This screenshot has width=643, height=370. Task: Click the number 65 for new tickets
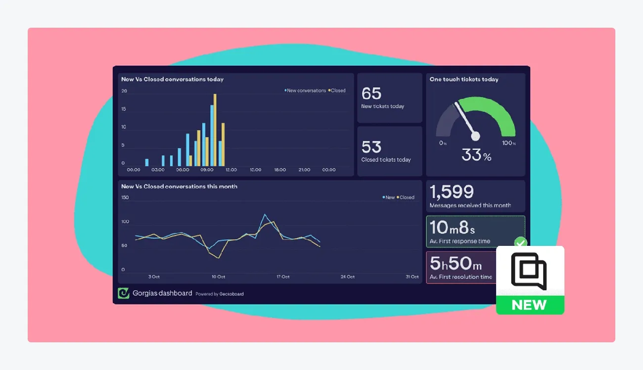coord(371,93)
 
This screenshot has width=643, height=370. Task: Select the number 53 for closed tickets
coord(371,147)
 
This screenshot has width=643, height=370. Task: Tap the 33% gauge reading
coord(476,155)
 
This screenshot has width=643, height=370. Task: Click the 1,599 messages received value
coord(452,192)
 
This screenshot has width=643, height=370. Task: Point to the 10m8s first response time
coord(452,228)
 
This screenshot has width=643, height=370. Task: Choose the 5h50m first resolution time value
coord(456,264)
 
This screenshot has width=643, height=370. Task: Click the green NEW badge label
coord(529,305)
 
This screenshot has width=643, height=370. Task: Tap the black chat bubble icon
coord(529,271)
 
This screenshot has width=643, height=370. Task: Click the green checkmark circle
coord(520,243)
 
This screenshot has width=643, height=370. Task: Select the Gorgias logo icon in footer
coord(123,293)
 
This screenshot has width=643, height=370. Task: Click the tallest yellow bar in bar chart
coord(215,130)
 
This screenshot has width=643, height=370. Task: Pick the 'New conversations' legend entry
coord(305,91)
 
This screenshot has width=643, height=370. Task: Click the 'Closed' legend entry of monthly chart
coord(406,197)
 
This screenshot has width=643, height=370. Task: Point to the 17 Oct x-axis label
coord(283,277)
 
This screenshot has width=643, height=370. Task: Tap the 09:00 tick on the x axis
coord(207,170)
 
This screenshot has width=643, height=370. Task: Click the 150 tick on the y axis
coord(125,197)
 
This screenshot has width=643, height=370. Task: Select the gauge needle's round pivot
coord(475,136)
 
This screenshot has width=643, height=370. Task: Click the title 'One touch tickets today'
coord(464,79)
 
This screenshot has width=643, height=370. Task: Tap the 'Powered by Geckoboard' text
coord(219,294)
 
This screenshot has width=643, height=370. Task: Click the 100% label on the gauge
coord(509,143)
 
